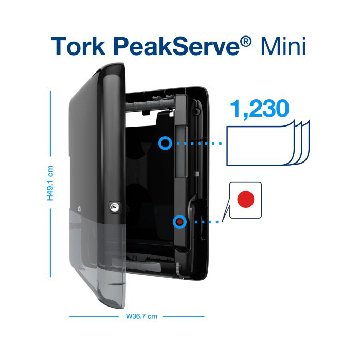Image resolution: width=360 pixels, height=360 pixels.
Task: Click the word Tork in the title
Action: click(x=80, y=46)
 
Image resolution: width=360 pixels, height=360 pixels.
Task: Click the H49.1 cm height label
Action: click(x=50, y=183)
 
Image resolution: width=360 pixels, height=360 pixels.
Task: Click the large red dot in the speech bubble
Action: click(x=245, y=200)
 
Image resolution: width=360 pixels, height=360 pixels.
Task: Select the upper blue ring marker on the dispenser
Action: click(x=165, y=143)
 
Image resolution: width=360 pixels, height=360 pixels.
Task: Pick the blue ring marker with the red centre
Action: click(x=179, y=222)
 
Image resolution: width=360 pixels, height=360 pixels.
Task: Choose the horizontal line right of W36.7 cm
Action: click(x=183, y=316)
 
